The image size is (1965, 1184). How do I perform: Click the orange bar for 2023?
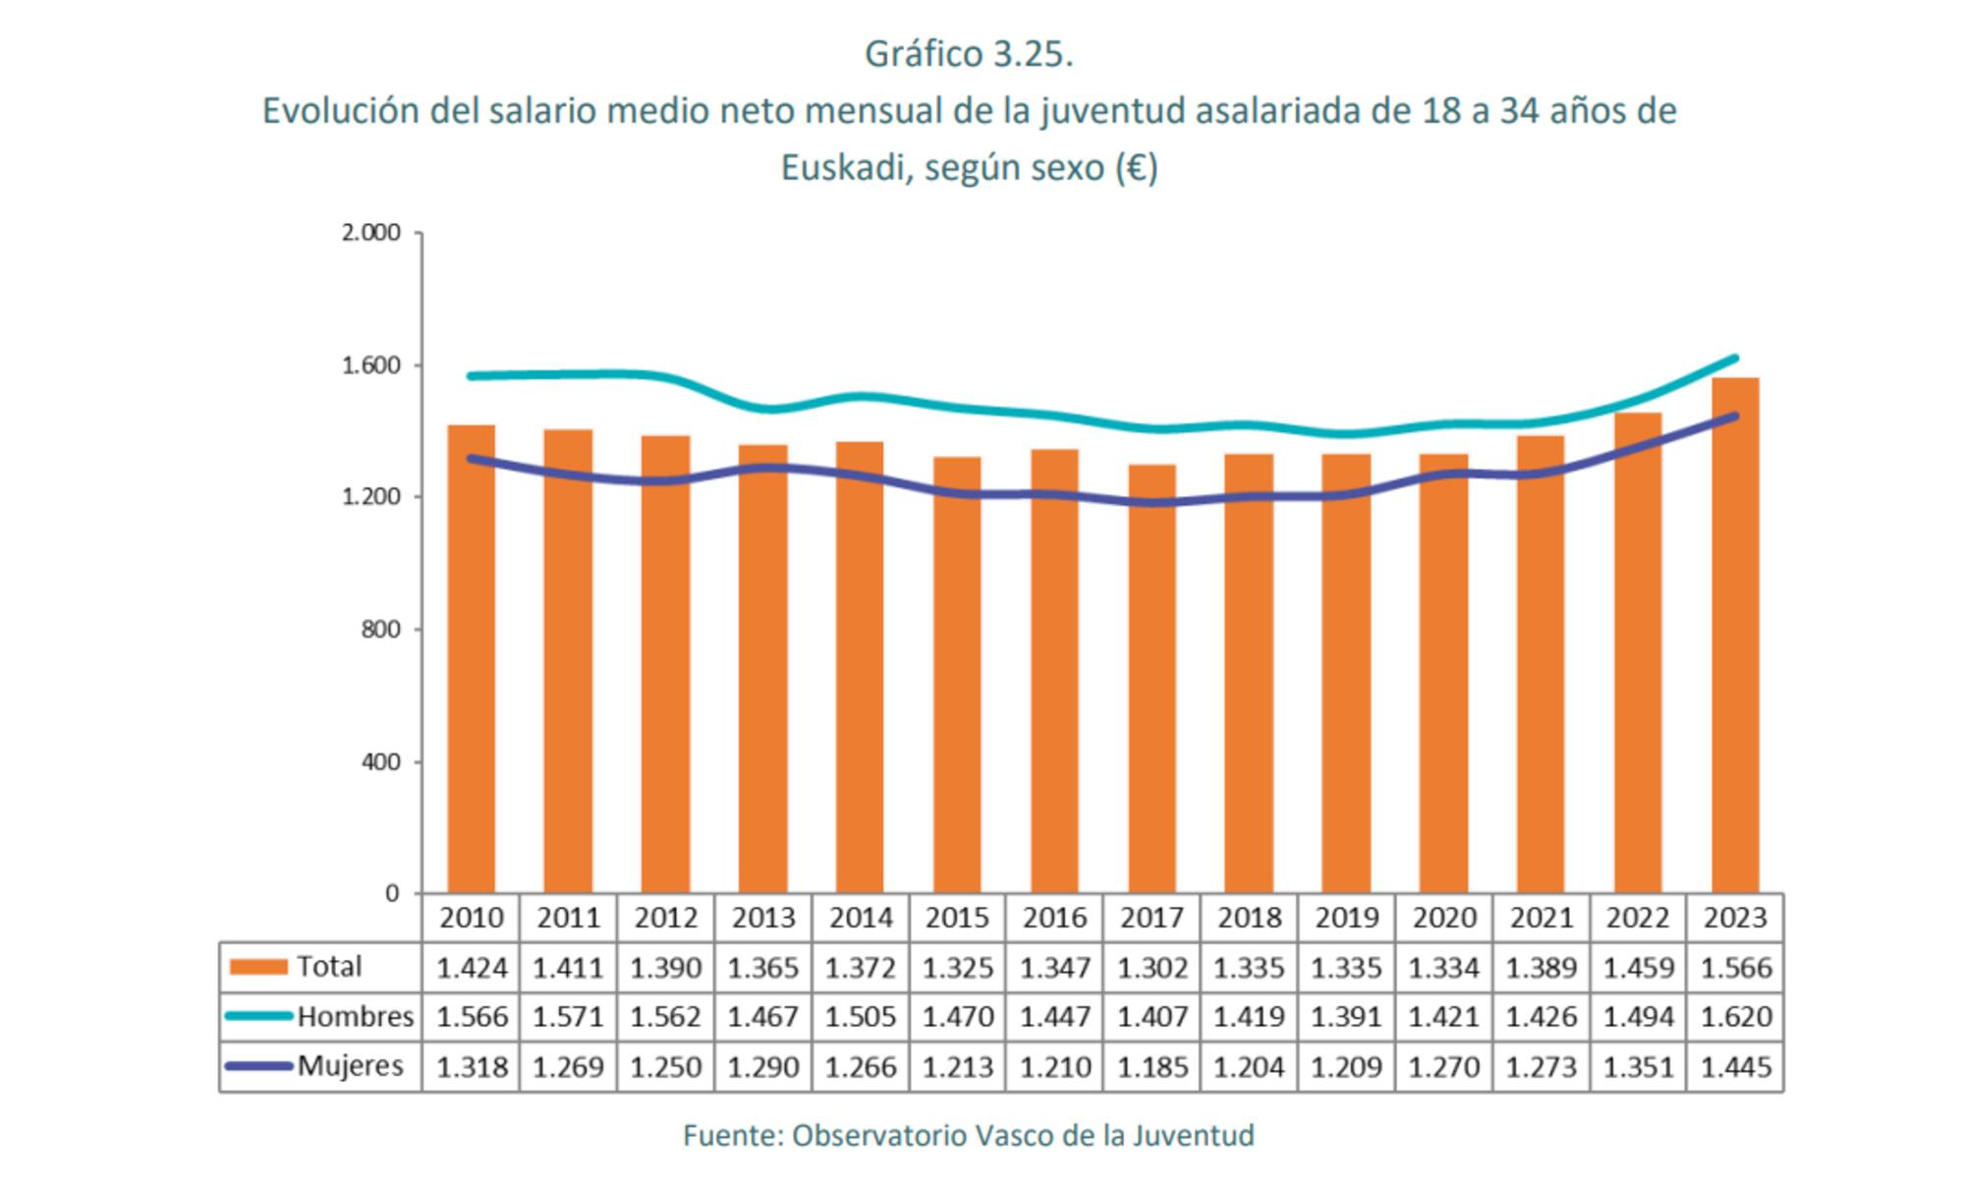1735,639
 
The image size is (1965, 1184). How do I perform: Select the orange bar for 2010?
472,658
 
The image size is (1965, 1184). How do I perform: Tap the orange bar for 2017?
1151,678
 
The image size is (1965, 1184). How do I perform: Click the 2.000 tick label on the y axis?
371,233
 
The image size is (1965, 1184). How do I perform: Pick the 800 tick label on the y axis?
381,630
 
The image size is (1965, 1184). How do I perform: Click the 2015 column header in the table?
957,918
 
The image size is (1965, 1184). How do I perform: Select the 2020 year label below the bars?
1444,918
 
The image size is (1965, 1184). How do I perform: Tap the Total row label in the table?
329,967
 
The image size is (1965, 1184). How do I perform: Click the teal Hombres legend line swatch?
258,1016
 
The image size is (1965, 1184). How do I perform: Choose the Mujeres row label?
351,1065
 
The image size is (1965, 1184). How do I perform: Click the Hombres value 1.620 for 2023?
1735,1016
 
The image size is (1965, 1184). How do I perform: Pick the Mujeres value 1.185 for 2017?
1151,1066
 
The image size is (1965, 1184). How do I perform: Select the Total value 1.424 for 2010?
472,968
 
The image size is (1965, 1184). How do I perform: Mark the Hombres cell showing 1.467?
762,1016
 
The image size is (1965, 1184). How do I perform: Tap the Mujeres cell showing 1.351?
1638,1066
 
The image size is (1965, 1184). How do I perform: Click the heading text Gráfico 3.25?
969,54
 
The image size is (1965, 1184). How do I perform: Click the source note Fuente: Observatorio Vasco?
969,1136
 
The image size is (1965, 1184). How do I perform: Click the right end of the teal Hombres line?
1735,359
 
